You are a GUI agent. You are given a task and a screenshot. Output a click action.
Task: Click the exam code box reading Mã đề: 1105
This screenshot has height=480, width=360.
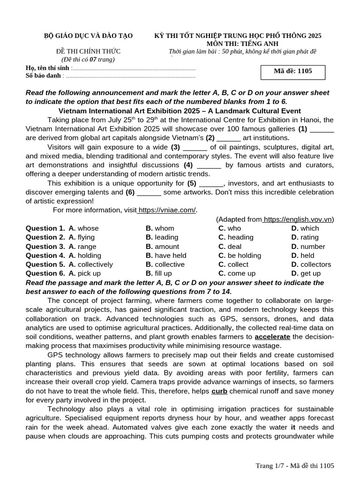pyautogui.click(x=292, y=71)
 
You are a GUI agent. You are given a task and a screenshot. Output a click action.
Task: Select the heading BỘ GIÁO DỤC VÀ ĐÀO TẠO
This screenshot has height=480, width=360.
pyautogui.click(x=88, y=36)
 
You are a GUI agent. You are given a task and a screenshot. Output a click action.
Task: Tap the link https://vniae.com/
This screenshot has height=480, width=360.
pyautogui.click(x=167, y=210)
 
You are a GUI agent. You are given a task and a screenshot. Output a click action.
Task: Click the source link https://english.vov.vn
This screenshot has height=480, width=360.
pyautogui.click(x=297, y=219)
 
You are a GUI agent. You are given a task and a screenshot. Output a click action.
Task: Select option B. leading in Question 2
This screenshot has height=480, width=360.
pyautogui.click(x=162, y=237)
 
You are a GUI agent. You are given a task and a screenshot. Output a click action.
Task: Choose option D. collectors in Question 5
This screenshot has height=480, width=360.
pyautogui.click(x=311, y=264)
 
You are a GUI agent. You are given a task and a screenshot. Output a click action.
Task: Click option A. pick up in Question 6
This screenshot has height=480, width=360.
pyautogui.click(x=84, y=273)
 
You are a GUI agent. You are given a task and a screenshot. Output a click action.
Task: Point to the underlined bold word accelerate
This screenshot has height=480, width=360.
pyautogui.click(x=272, y=337)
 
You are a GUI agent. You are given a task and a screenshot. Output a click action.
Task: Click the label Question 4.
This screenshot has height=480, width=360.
pyautogui.click(x=45, y=255)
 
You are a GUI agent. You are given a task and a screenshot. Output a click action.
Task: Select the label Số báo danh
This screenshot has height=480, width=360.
pyautogui.click(x=43, y=75)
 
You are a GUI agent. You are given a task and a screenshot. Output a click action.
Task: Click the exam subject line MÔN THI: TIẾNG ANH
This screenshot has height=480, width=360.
pyautogui.click(x=238, y=44)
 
